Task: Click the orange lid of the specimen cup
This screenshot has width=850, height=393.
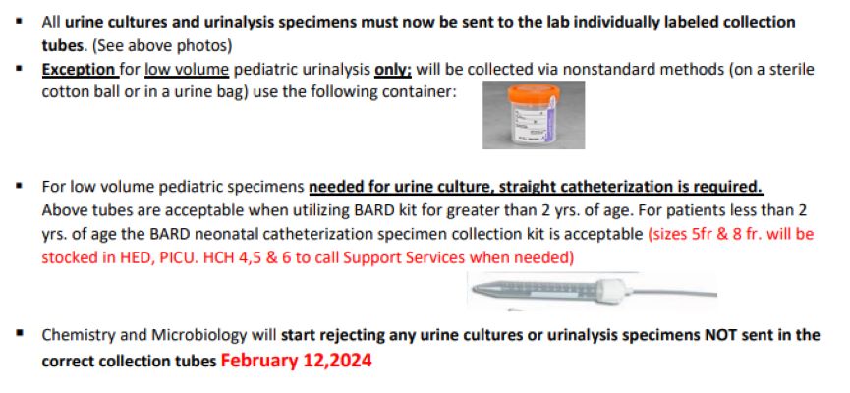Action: tap(534, 93)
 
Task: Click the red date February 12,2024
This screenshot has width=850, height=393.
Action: tap(296, 361)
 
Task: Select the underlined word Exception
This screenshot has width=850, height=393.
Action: tap(79, 70)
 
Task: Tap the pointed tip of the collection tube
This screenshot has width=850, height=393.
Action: tap(475, 289)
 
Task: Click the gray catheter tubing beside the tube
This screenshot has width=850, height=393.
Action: tap(671, 293)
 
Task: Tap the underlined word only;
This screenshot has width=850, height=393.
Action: tap(394, 70)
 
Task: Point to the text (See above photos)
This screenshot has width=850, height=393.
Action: tap(162, 46)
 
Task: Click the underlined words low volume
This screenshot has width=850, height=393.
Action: tap(187, 70)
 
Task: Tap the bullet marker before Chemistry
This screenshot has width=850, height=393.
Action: tap(20, 333)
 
